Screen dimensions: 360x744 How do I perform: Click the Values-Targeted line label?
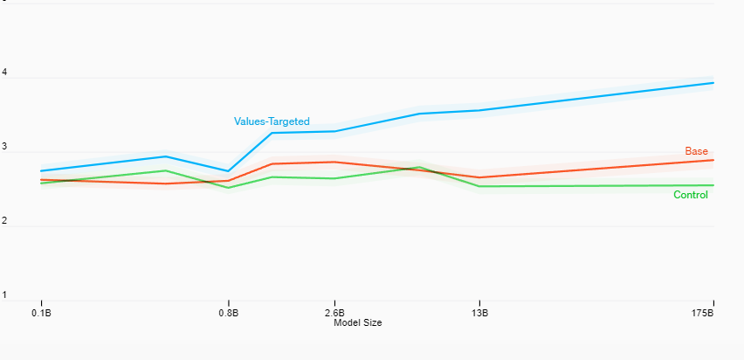pyautogui.click(x=272, y=121)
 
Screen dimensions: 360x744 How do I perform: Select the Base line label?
pyautogui.click(x=696, y=151)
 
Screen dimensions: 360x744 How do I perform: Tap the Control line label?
pyautogui.click(x=690, y=195)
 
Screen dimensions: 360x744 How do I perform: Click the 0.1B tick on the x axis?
pyautogui.click(x=41, y=312)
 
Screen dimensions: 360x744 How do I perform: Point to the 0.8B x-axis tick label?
pyautogui.click(x=228, y=312)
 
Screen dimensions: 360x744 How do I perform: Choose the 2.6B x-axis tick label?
pyautogui.click(x=334, y=312)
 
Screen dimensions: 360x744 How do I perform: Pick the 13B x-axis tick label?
pyautogui.click(x=479, y=312)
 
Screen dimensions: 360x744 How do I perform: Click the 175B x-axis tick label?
pyautogui.click(x=704, y=312)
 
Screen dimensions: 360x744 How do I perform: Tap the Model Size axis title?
pyautogui.click(x=358, y=322)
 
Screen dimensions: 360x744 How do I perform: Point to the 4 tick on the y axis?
pyautogui.click(x=4, y=73)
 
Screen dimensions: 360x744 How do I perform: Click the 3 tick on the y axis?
pyautogui.click(x=4, y=148)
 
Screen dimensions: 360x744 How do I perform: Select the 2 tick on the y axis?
pyautogui.click(x=4, y=221)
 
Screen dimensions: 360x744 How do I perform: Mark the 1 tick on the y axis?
pyautogui.click(x=4, y=295)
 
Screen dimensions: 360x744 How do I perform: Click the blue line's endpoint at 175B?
pyautogui.click(x=713, y=83)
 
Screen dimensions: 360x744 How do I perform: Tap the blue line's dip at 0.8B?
pyautogui.click(x=228, y=171)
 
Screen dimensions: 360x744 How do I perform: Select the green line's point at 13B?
pyautogui.click(x=479, y=186)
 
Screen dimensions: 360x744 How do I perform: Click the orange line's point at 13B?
pyautogui.click(x=479, y=177)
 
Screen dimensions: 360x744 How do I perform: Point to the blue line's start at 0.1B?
pyautogui.click(x=41, y=171)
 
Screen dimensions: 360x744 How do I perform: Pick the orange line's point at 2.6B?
pyautogui.click(x=334, y=162)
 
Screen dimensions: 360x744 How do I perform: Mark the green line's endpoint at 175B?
pyautogui.click(x=713, y=185)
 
